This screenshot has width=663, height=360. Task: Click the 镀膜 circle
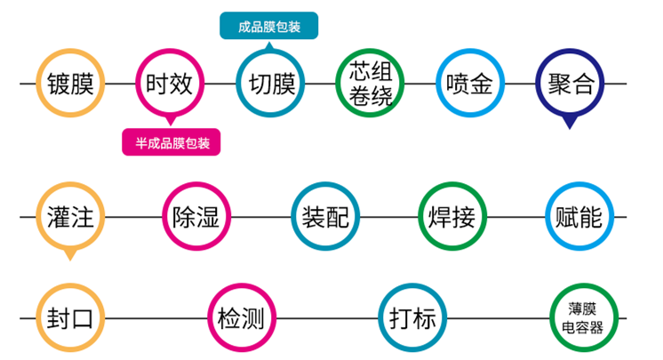pyautogui.click(x=70, y=84)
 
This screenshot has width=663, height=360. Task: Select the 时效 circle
pyautogui.click(x=168, y=84)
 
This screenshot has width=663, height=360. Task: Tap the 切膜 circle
pyautogui.click(x=272, y=84)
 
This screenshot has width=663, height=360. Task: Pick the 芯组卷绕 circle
pyautogui.click(x=371, y=84)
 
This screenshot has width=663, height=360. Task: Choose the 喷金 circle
pyautogui.click(x=469, y=84)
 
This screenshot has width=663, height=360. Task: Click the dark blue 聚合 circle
pyautogui.click(x=571, y=84)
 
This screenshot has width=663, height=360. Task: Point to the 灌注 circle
pyautogui.click(x=70, y=217)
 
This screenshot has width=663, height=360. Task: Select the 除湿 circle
pyautogui.click(x=196, y=217)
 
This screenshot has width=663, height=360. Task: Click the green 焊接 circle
pyautogui.click(x=451, y=217)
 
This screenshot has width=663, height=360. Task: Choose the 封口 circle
pyautogui.click(x=70, y=317)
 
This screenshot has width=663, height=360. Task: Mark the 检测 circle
pyautogui.click(x=240, y=317)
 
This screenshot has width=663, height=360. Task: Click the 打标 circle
pyautogui.click(x=412, y=317)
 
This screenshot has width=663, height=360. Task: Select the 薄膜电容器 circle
pyautogui.click(x=583, y=317)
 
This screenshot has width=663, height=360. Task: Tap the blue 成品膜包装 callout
pyautogui.click(x=269, y=26)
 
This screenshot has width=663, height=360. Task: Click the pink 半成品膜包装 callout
pyautogui.click(x=172, y=141)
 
